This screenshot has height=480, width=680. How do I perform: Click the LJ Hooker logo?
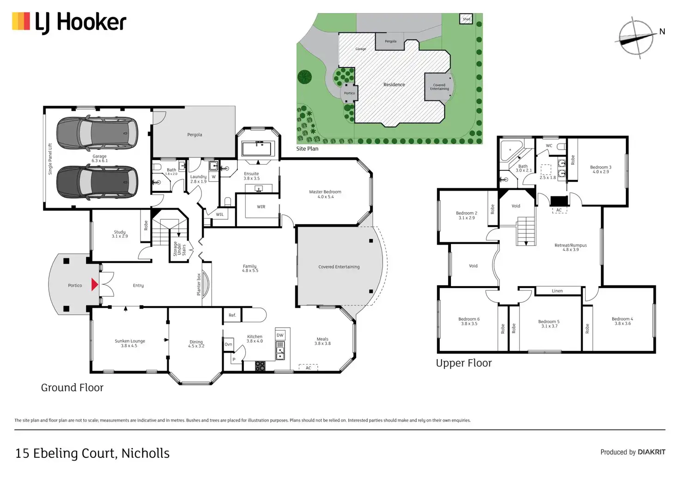coord(69,23)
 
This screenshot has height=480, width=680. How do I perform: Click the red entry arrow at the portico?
coord(95,284)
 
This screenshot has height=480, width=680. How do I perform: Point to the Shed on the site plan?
coord(466,19)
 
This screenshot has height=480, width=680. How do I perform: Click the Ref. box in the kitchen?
coord(232,315)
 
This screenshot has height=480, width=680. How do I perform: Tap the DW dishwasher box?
coord(280,335)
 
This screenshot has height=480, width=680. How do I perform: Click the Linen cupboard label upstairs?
coord(557,291)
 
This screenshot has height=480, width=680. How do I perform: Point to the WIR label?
coord(261,207)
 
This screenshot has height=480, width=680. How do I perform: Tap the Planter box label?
coord(199,284)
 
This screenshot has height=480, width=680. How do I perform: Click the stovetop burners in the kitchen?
coord(260,366)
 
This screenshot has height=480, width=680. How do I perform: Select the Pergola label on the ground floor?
coord(194,135)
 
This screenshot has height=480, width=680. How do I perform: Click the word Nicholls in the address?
coord(146,453)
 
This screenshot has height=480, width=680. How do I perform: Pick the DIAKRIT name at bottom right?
coord(651,452)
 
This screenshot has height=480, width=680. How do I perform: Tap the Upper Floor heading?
coord(464,363)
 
